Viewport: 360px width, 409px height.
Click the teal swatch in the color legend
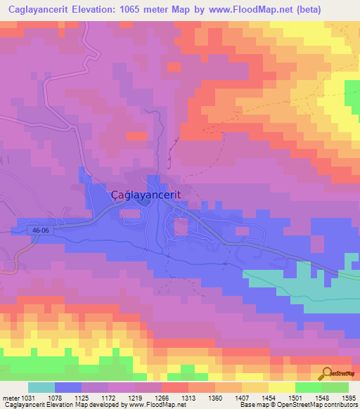tap(41, 387)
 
